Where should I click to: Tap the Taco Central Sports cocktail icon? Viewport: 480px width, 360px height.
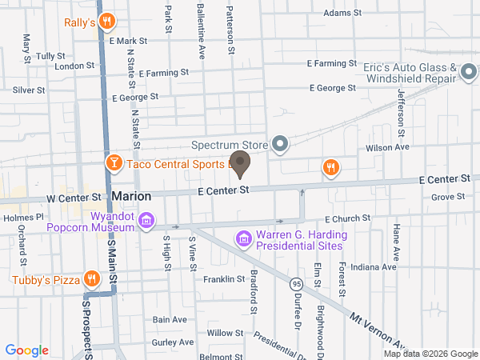point(114,163)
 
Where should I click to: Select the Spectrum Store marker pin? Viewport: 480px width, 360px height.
point(279,145)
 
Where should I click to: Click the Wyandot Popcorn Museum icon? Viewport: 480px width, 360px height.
point(146,220)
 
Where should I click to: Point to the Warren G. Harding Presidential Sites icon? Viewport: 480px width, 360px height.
point(243,238)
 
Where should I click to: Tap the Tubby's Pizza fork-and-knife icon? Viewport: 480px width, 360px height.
point(93,279)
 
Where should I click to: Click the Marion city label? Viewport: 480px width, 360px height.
point(132,195)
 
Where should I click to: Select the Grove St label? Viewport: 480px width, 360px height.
point(448,197)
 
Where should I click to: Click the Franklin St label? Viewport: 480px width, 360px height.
point(223,279)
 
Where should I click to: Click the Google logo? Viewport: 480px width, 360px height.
point(27,350)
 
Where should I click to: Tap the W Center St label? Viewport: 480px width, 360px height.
point(74,196)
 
